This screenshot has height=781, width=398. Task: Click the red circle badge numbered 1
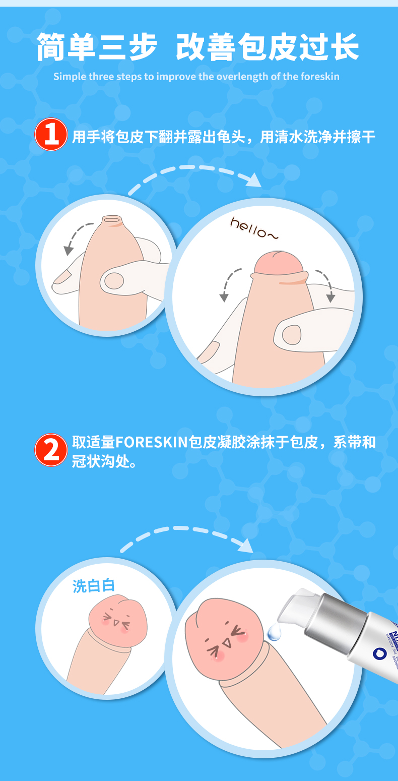coord(51,135)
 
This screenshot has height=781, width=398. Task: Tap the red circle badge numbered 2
coord(51,449)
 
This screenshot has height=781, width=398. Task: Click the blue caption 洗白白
coord(94,585)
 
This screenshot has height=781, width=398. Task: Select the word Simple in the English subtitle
coord(70,77)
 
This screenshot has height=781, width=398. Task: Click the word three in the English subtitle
coord(101,77)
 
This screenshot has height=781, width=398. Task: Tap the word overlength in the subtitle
coord(240,77)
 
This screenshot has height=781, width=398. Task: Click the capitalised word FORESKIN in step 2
coord(152,442)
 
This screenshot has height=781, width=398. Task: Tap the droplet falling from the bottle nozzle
coord(274,632)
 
